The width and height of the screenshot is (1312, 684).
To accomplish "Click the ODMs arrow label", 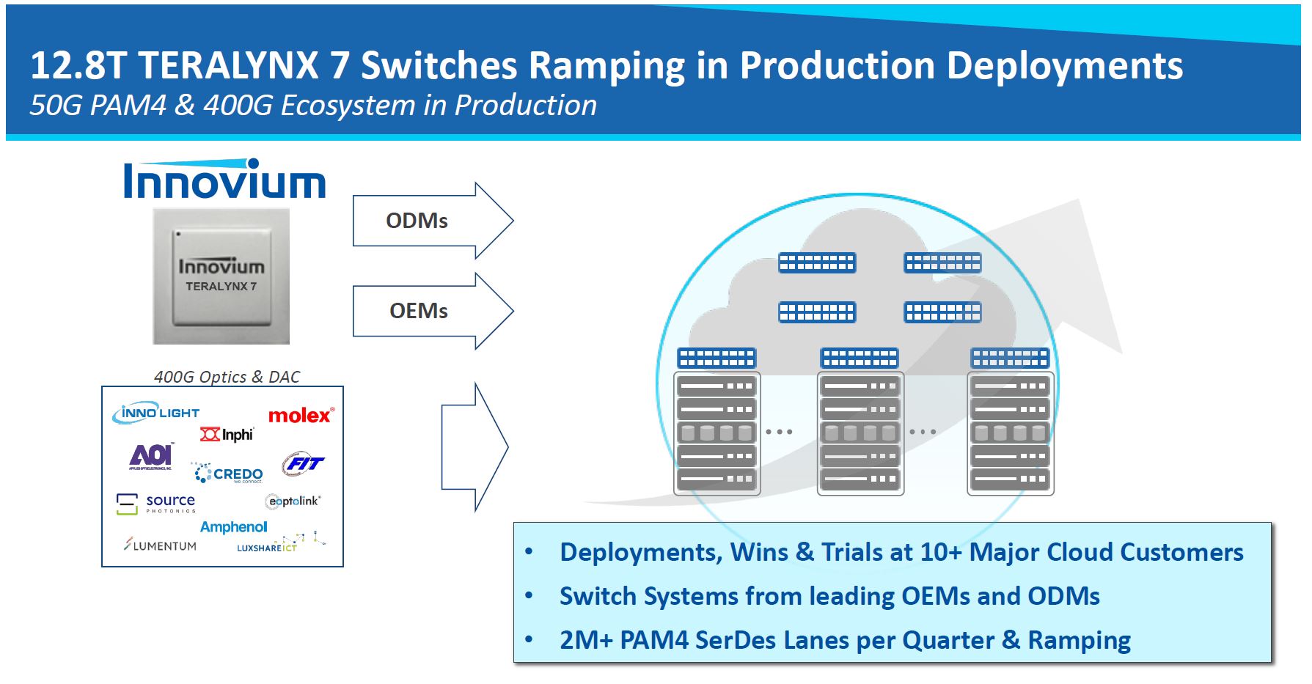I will (x=417, y=221).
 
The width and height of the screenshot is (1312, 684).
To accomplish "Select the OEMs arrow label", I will (x=418, y=311).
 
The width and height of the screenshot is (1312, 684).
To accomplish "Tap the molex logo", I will (x=301, y=416).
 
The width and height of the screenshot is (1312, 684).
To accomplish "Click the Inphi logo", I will (x=227, y=435).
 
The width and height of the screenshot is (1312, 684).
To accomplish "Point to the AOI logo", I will (x=151, y=456).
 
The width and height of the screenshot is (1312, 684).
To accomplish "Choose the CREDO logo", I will (x=228, y=474).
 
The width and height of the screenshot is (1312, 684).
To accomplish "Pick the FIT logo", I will (x=302, y=463).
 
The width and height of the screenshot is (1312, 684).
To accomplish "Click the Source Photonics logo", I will (x=156, y=503).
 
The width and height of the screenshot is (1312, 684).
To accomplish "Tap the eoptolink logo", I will (x=293, y=501).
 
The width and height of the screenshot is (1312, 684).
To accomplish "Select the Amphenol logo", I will (x=233, y=527).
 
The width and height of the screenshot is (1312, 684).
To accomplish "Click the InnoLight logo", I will (x=156, y=413).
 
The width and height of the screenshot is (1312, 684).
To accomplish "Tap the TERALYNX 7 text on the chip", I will (x=221, y=287).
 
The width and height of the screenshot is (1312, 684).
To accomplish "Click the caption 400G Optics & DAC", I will (x=227, y=377).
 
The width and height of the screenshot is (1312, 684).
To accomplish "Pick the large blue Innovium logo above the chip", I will (x=224, y=180).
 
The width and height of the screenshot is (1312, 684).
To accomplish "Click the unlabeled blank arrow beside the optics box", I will (x=473, y=446).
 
